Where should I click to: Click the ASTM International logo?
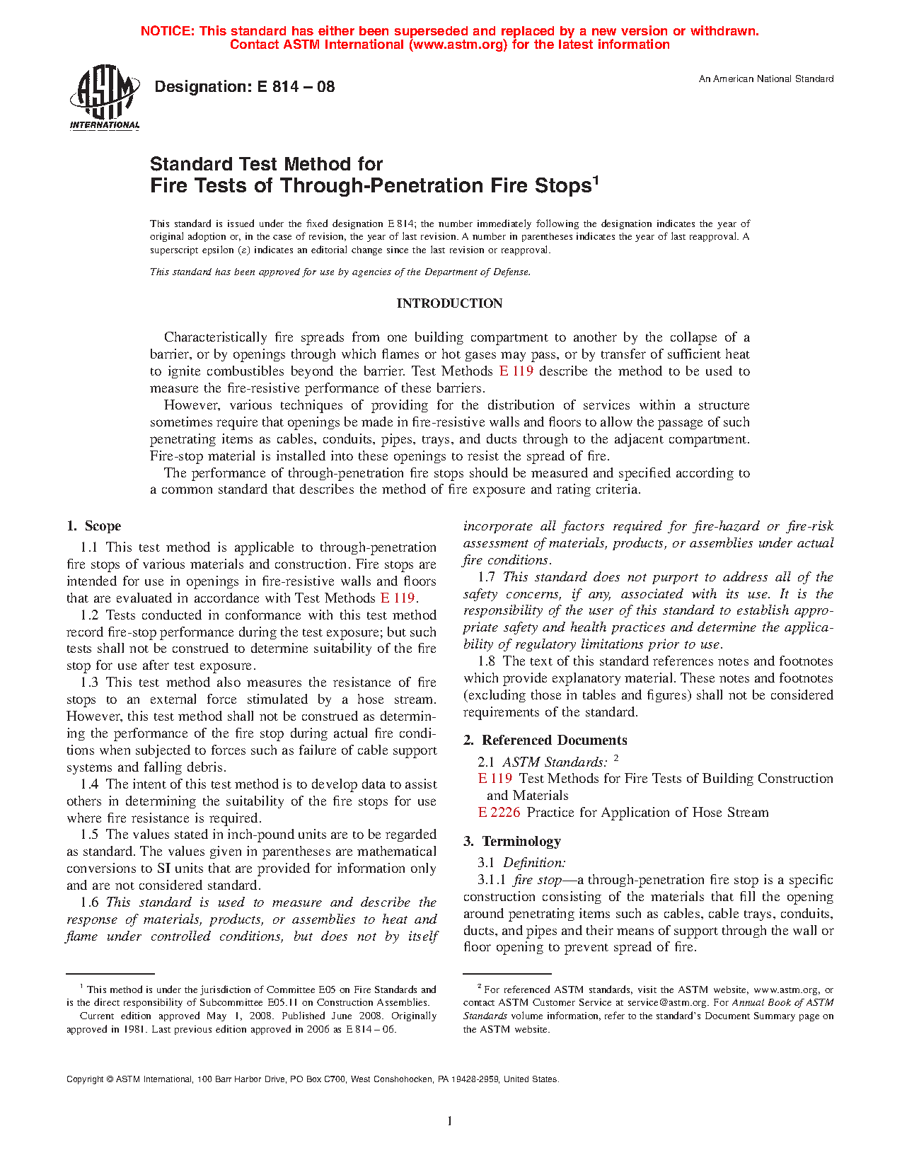[105, 98]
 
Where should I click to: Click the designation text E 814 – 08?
[244, 87]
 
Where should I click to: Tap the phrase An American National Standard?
[766, 79]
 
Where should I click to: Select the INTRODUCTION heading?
[449, 303]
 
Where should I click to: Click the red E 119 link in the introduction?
[516, 371]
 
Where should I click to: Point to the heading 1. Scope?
[94, 526]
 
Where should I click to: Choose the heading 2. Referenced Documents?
[545, 741]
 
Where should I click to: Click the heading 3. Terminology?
[512, 842]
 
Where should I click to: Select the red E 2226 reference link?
[499, 813]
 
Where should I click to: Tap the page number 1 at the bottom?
[449, 1121]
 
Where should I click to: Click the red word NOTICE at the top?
[166, 31]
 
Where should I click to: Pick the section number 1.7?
[486, 577]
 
